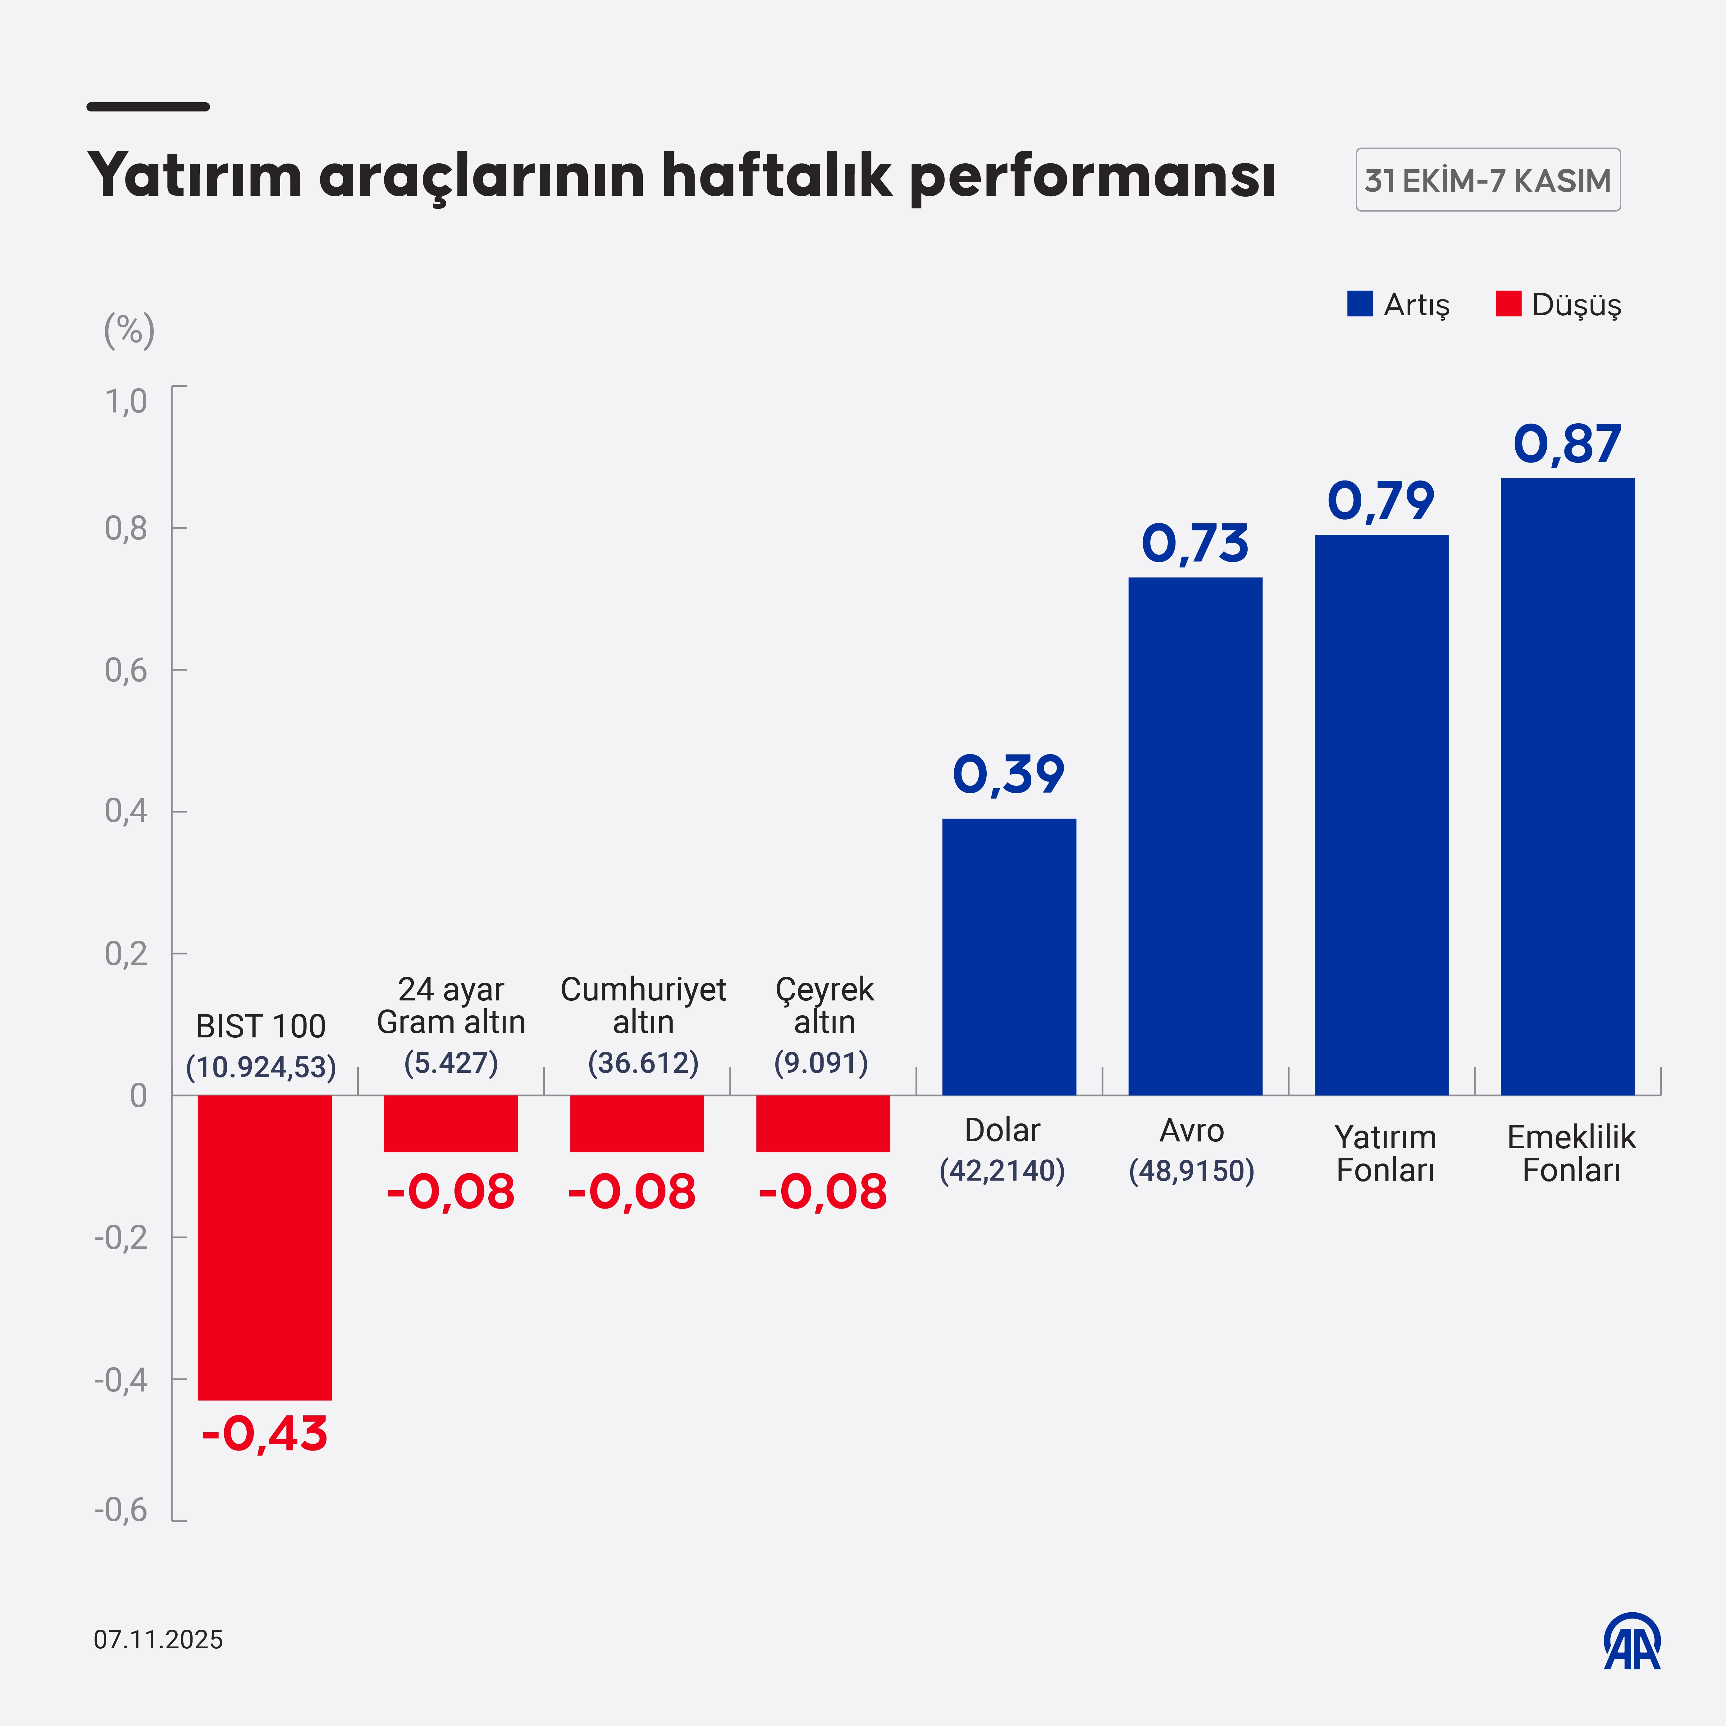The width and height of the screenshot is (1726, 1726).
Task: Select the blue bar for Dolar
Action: pos(1009,956)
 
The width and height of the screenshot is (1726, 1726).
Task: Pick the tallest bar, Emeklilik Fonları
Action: pos(1567,786)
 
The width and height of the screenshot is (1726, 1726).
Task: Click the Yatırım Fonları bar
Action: pos(1381,815)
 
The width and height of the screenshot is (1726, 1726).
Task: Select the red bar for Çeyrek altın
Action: pos(823,1123)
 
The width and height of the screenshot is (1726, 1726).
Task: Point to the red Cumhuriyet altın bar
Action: pos(637,1123)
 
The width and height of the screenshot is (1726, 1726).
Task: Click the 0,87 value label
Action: pos(1567,444)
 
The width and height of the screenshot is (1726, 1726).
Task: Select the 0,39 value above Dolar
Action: pos(1009,774)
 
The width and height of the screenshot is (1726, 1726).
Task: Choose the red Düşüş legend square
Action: pos(1508,304)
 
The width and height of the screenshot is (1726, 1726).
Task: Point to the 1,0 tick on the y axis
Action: pos(126,402)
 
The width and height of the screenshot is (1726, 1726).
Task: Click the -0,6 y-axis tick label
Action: pos(121,1510)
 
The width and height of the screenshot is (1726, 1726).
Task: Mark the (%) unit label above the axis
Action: pos(130,330)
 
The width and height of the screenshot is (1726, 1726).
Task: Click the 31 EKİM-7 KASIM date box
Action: pos(1487,180)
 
